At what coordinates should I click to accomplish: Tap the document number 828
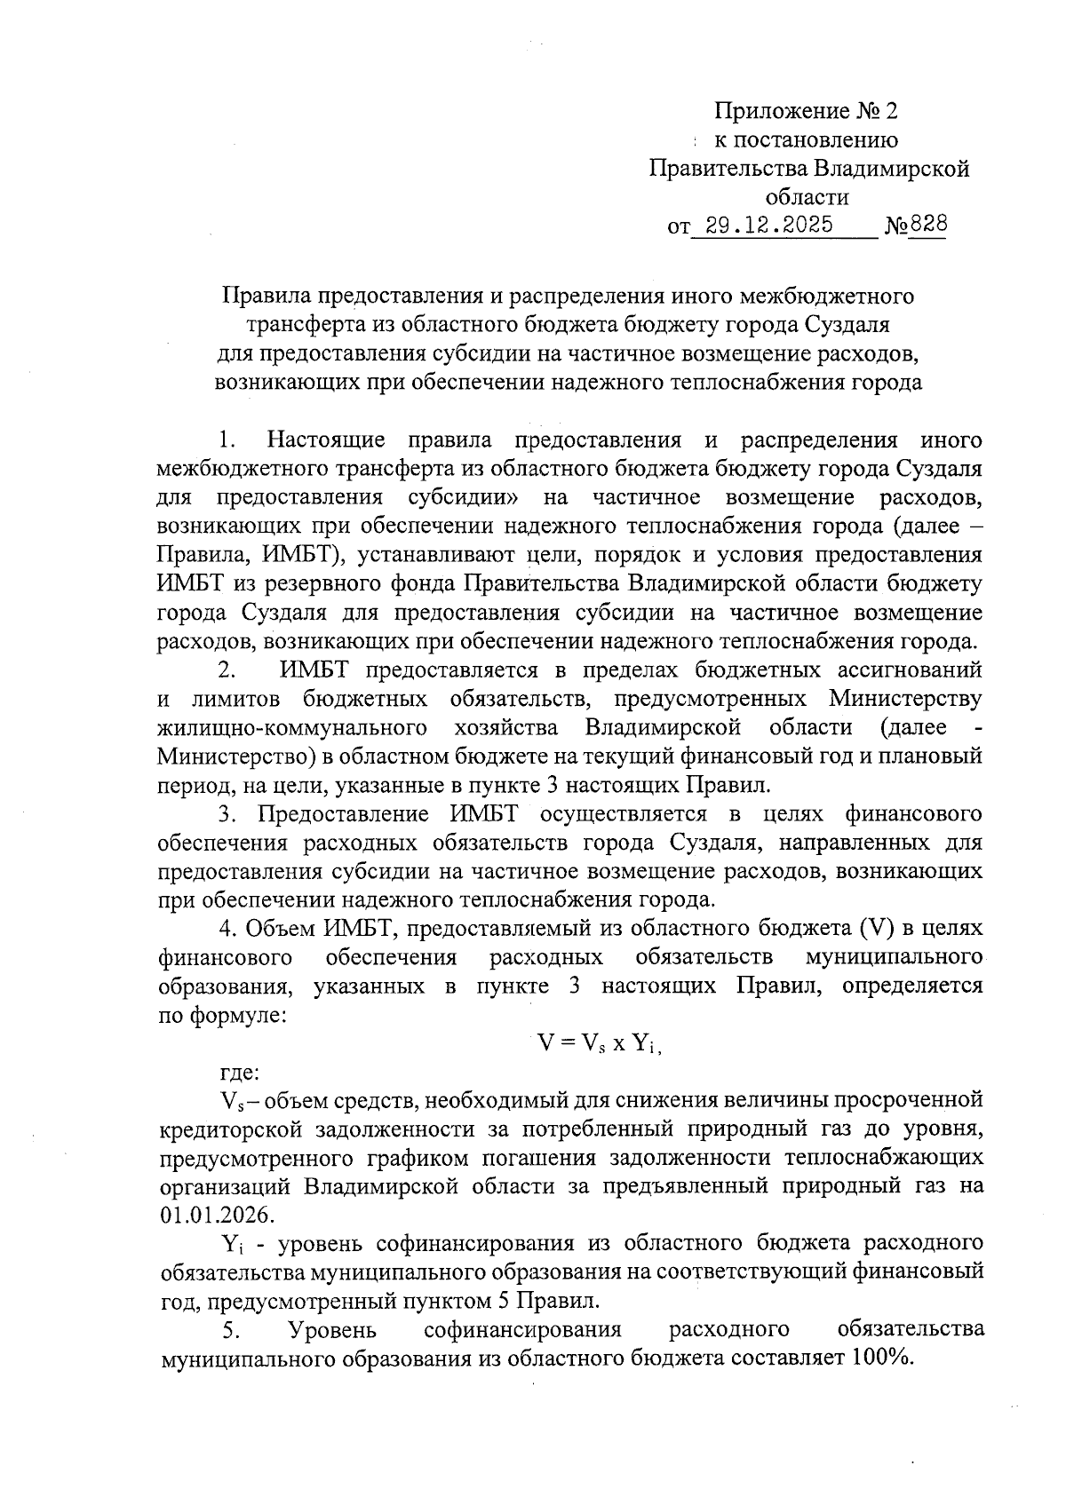point(928,225)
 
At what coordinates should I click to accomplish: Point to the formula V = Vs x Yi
point(600,1043)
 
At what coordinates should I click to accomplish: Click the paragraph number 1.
point(227,440)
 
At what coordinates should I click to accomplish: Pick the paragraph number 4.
point(227,928)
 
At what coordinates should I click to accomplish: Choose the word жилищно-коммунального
point(289,728)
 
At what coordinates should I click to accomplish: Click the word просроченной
point(911,1100)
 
